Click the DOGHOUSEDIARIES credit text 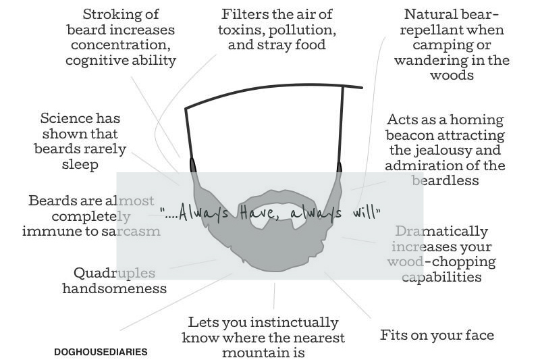coord(101,352)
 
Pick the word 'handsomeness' coord(114,288)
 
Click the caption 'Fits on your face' coord(437,335)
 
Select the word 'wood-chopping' coord(442,262)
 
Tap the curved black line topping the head coord(270,90)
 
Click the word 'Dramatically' coord(441,231)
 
